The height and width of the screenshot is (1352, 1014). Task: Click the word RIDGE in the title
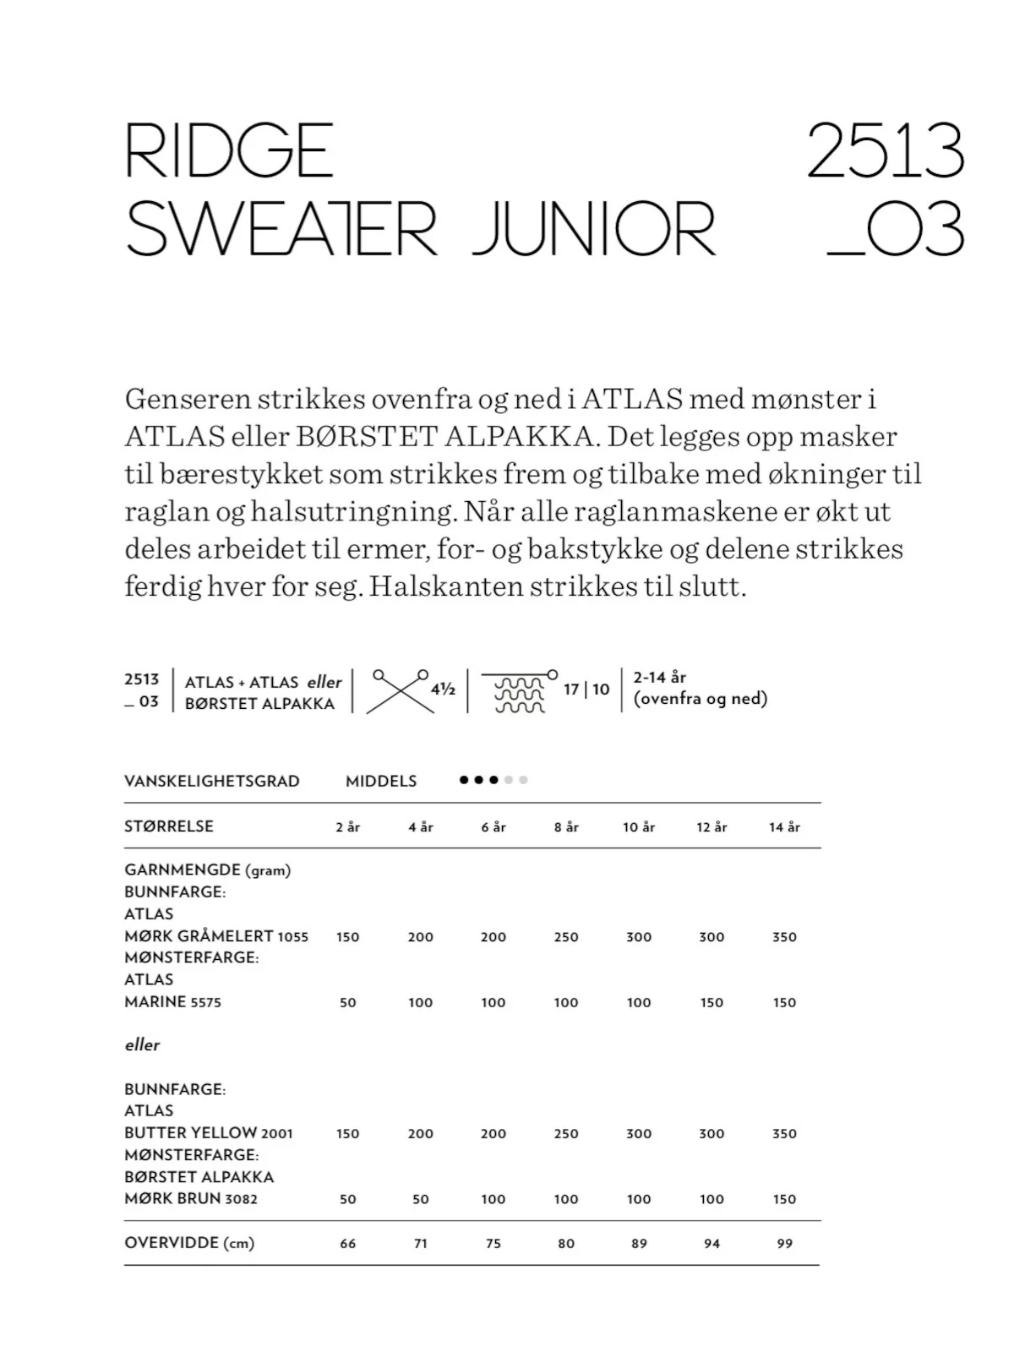[229, 150]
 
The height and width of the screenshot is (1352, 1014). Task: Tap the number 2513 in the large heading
[885, 150]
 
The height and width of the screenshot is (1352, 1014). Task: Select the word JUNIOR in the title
[593, 228]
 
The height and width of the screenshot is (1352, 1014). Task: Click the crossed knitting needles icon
[400, 690]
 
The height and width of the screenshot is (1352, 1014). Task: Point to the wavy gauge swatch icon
[519, 692]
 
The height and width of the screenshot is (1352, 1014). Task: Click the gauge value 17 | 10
[586, 690]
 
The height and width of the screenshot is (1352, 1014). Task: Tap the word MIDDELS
[381, 781]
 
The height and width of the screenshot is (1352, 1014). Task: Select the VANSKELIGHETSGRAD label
[211, 781]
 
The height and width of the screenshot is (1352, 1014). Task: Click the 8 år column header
[566, 827]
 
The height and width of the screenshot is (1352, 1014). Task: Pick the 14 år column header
[784, 827]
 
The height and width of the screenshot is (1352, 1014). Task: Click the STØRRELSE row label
[168, 826]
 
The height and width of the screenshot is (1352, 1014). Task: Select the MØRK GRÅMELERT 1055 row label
[216, 936]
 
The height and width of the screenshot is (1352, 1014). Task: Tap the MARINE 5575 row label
[172, 1002]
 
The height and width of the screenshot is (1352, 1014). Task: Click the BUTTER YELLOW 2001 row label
[209, 1133]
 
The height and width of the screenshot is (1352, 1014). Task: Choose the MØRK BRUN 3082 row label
[191, 1198]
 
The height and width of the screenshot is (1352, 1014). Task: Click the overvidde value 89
[639, 1244]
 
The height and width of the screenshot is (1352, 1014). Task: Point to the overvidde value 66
[347, 1244]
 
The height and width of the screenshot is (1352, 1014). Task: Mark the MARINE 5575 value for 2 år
[347, 1003]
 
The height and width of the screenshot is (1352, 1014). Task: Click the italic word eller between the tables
[142, 1045]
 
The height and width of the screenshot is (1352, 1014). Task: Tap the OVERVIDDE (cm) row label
[189, 1243]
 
